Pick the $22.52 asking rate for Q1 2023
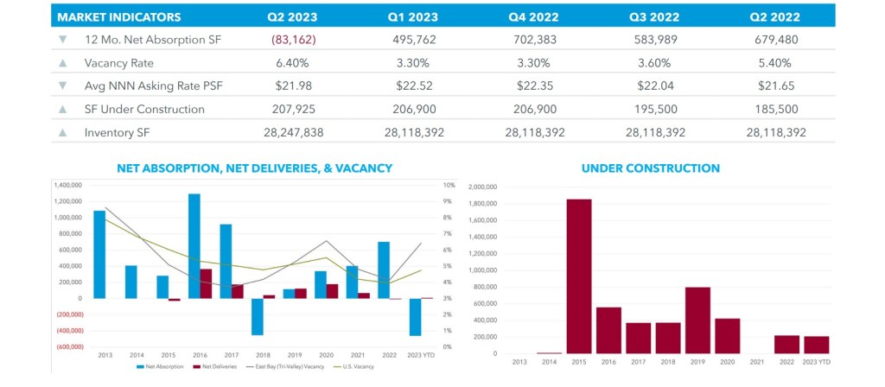(x=420, y=86)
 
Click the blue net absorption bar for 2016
(x=194, y=246)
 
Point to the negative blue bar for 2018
(x=257, y=317)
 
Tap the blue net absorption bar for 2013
(x=99, y=254)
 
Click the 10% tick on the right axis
(x=448, y=185)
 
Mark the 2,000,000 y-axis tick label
(x=481, y=186)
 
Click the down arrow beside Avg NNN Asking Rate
(x=62, y=86)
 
